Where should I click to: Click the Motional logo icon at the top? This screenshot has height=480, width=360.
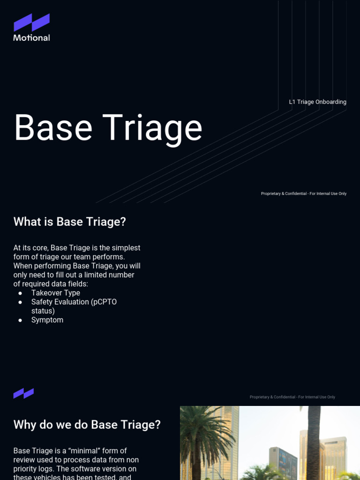coord(31,22)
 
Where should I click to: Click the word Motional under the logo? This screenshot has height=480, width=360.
coord(31,37)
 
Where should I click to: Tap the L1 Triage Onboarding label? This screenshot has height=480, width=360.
coord(317,102)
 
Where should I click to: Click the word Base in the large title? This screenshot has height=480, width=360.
coord(53,127)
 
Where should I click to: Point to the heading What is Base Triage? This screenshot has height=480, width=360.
coord(69,222)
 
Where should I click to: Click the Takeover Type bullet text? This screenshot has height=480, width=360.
coord(55,293)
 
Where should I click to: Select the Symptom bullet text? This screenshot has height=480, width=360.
coord(47,320)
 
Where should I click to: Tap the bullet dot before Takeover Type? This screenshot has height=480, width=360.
coord(20,293)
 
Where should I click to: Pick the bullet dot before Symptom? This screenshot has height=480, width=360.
coord(20,320)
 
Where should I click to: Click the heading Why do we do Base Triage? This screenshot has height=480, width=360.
coord(87,425)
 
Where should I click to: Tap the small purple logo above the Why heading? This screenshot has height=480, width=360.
coord(23,393)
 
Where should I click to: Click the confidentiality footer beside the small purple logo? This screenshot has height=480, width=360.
coord(292,397)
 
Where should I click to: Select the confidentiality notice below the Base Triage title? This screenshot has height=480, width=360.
coord(303,194)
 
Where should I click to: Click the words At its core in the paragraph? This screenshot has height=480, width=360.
coord(30,248)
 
